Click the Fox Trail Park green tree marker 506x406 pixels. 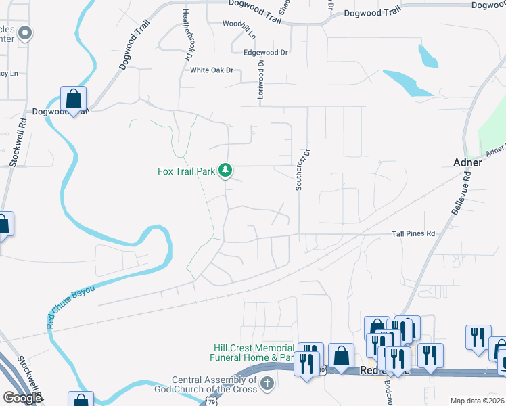click(227, 171)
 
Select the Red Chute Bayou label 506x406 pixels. click(70, 306)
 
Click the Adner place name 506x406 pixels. click(467, 163)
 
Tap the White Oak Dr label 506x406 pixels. click(211, 70)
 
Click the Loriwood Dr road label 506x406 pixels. click(260, 81)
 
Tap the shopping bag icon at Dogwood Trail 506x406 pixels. click(73, 99)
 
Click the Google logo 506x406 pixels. click(22, 399)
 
